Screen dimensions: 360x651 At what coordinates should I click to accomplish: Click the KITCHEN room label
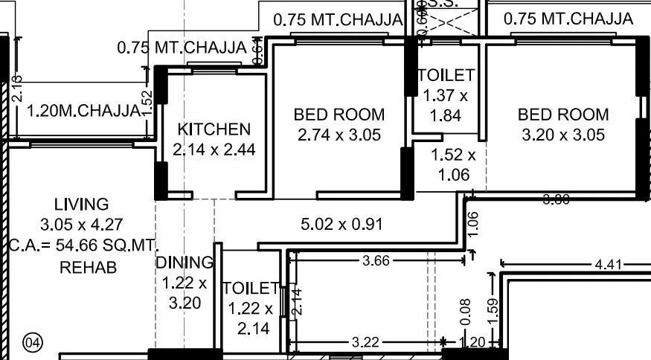tap(214, 129)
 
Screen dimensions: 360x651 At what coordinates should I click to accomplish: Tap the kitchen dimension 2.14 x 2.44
tap(214, 150)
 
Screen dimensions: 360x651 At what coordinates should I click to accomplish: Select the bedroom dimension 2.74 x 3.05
tap(339, 135)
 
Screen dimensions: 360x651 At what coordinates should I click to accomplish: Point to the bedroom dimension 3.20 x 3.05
tap(563, 135)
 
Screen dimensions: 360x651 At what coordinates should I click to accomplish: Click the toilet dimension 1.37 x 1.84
tap(446, 105)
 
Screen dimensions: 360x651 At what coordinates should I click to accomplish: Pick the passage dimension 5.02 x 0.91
tap(341, 222)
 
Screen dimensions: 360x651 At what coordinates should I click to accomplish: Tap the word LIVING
tap(82, 204)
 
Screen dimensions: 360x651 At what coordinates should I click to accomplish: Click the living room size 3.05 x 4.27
tap(82, 224)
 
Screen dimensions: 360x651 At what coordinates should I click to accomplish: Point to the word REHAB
tap(88, 267)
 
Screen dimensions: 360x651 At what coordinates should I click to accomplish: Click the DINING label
tap(184, 263)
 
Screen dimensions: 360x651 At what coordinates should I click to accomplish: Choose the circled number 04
tap(33, 343)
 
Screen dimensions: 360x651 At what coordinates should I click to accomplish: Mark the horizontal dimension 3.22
tap(366, 343)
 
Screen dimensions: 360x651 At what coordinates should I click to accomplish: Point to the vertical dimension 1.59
tap(491, 309)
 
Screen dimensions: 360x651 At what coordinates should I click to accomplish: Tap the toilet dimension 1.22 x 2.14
tap(251, 318)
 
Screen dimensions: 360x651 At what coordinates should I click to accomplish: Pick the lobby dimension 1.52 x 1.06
tap(454, 165)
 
